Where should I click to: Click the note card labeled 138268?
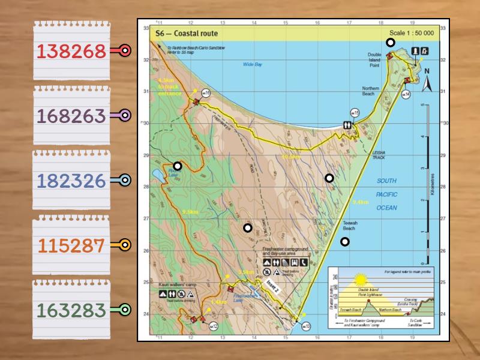(x=71, y=52)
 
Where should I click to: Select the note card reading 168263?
(x=71, y=116)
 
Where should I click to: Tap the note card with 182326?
(x=71, y=181)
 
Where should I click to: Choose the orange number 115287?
(x=71, y=245)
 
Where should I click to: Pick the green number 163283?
(x=71, y=310)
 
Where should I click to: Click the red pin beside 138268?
(x=125, y=51)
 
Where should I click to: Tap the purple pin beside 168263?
(x=125, y=116)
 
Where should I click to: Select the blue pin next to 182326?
(x=125, y=180)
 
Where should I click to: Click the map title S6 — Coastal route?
(x=187, y=34)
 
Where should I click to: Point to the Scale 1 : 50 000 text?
(x=411, y=34)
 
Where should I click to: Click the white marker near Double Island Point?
(x=390, y=43)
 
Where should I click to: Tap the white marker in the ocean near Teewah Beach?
(x=344, y=242)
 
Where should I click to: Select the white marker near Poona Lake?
(x=177, y=166)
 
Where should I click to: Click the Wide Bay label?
(x=253, y=64)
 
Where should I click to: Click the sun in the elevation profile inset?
(x=361, y=279)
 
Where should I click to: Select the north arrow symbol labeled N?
(x=427, y=79)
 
